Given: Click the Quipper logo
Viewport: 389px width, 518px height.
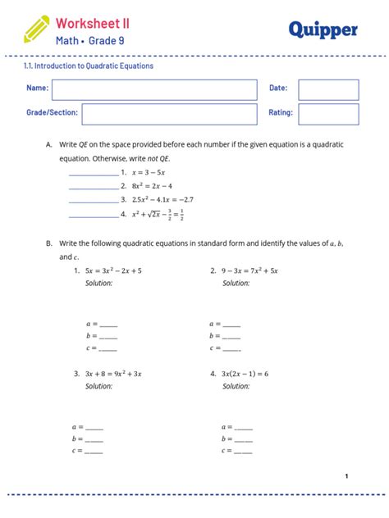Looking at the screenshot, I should [x=323, y=30].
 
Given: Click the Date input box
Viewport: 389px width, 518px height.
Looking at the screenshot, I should [x=328, y=89].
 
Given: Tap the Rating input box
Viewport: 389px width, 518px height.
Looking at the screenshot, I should [x=328, y=114].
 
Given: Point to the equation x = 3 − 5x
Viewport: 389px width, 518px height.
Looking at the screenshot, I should [x=148, y=173].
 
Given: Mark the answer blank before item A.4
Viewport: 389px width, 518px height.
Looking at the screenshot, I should [x=94, y=216].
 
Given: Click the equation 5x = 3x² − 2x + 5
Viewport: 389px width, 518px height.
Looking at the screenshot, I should [x=112, y=270].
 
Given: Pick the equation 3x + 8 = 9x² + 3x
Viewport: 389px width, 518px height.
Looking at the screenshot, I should [x=113, y=373].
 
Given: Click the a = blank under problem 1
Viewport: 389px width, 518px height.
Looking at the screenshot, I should [x=108, y=325].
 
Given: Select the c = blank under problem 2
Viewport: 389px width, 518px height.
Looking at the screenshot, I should [x=231, y=349].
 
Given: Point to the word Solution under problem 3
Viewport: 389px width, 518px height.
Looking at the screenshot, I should [x=98, y=386].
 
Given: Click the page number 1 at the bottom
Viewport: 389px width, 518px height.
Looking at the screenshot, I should [x=346, y=476].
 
